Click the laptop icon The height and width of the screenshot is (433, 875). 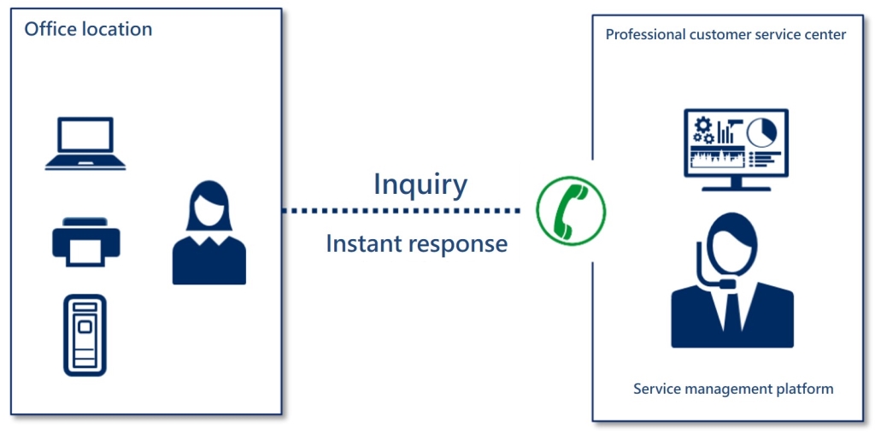click(85, 144)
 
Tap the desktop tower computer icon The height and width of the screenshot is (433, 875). click(85, 335)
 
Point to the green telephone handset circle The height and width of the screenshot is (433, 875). click(570, 210)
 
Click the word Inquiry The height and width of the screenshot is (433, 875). click(420, 184)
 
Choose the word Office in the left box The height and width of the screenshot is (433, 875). click(50, 29)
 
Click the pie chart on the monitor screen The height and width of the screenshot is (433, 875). click(761, 132)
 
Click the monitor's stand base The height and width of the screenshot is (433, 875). click(735, 189)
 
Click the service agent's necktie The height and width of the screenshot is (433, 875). click(732, 317)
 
